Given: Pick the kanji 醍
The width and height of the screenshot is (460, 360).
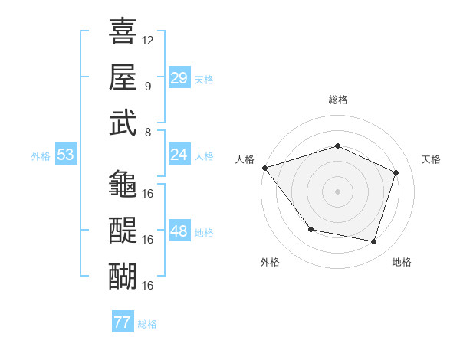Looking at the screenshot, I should tap(123, 230).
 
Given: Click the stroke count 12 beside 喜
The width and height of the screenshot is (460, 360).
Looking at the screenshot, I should tap(148, 40).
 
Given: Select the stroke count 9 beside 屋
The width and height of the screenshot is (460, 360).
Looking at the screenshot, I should tap(147, 86).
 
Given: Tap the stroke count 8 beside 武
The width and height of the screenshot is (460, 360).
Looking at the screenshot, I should tap(147, 132).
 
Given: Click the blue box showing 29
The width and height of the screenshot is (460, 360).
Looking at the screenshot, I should tap(179, 78).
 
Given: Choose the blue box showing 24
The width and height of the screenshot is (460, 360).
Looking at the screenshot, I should tap(179, 155).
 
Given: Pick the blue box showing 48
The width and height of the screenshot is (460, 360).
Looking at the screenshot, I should tap(179, 231).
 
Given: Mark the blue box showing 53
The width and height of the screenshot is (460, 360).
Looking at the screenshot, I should tap(65, 155).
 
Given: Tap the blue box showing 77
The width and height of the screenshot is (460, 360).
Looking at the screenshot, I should tap(122, 322).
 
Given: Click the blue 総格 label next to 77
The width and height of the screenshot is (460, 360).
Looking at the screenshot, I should tap(147, 324).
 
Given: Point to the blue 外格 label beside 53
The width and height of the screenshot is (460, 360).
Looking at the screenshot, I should tap(41, 156).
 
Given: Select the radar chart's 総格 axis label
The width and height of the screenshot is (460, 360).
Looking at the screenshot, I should tap(337, 100).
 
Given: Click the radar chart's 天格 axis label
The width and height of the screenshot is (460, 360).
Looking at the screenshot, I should tap(431, 159).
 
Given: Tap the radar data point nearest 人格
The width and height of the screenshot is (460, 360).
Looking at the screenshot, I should tap(264, 168).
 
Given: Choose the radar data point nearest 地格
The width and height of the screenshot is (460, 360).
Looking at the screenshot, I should tap(373, 242).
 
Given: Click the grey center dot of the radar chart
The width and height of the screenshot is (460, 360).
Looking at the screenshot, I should tap(337, 191).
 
